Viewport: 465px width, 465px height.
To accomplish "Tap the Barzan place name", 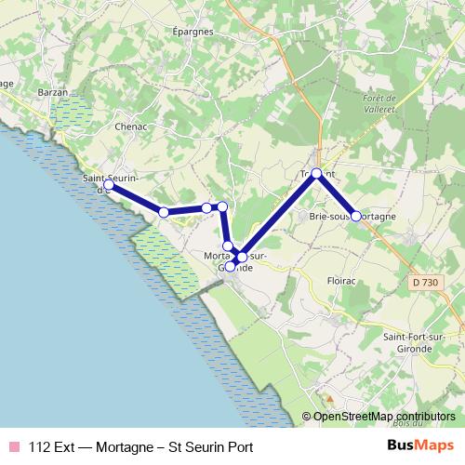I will tap(55, 93).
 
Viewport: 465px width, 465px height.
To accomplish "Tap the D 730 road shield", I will tap(423, 282).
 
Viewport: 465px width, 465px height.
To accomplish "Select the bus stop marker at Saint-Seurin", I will tap(109, 185).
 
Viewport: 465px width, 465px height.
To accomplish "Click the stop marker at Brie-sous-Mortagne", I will tap(356, 216).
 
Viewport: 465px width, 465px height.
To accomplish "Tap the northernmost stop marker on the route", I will tap(316, 173).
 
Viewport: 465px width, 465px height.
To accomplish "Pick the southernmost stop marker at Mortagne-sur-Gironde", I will tap(231, 267).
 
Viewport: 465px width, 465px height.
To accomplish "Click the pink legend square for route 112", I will tap(13, 446).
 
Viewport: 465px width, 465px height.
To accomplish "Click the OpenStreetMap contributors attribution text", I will tap(384, 417).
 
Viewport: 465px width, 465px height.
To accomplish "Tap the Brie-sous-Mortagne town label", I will tap(352, 216).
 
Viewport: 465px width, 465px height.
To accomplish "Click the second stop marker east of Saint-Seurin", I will tap(206, 208).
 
